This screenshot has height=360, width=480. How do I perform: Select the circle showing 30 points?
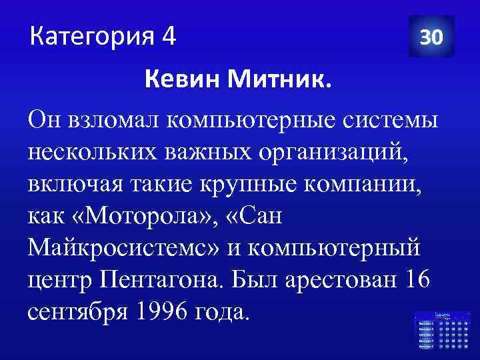coord(431,37)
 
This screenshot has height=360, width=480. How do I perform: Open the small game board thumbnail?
coord(441,330)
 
